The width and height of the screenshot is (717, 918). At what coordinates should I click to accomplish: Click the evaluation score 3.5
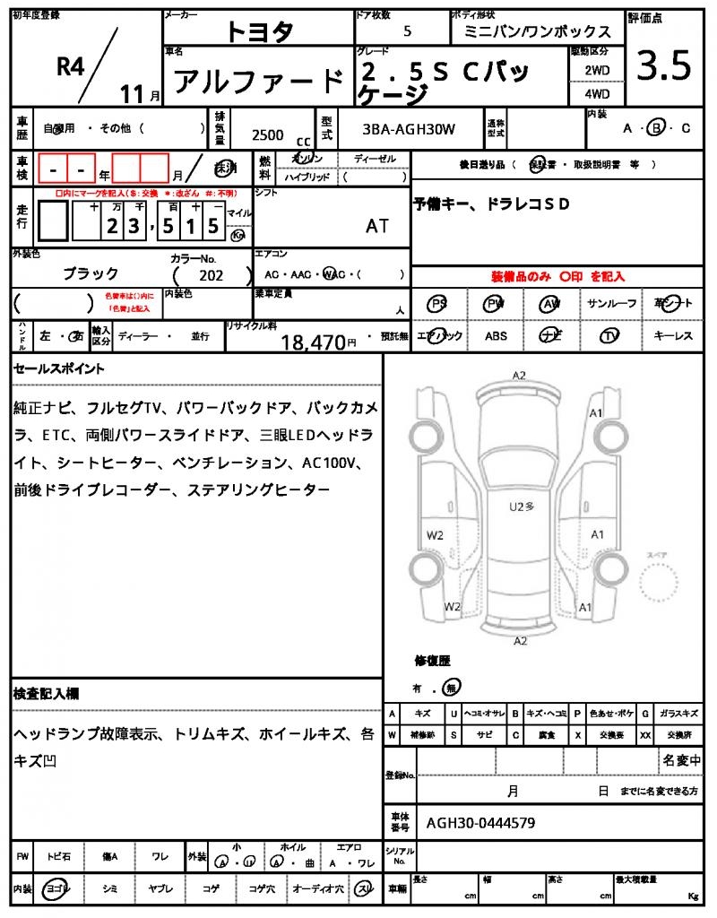point(663,67)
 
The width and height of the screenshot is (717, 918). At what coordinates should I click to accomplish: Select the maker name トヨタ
point(259,32)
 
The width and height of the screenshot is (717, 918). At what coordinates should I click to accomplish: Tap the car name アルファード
point(258,82)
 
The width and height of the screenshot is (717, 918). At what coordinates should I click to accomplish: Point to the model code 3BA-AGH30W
point(409,129)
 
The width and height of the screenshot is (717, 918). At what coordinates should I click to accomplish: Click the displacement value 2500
point(267,134)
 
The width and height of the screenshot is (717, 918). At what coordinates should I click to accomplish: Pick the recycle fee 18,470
point(313,342)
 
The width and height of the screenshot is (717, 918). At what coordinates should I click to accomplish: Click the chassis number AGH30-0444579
point(481,821)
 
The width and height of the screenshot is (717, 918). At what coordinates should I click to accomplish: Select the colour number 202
point(211,275)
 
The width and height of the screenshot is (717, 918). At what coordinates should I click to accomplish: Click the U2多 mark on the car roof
point(522,507)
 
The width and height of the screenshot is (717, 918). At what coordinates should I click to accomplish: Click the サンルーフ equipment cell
point(611,304)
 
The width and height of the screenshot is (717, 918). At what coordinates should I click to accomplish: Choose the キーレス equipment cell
point(672,335)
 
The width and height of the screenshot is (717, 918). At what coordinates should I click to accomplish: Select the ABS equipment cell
point(496,335)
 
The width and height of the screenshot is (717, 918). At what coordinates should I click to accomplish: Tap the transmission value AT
point(377,226)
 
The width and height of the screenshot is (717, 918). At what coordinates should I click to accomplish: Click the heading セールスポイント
point(59,368)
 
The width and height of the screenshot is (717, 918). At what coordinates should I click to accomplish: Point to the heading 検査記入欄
point(46,694)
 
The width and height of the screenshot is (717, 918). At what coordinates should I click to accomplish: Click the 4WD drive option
point(597,93)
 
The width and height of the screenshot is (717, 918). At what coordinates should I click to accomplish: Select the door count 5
point(408,31)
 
